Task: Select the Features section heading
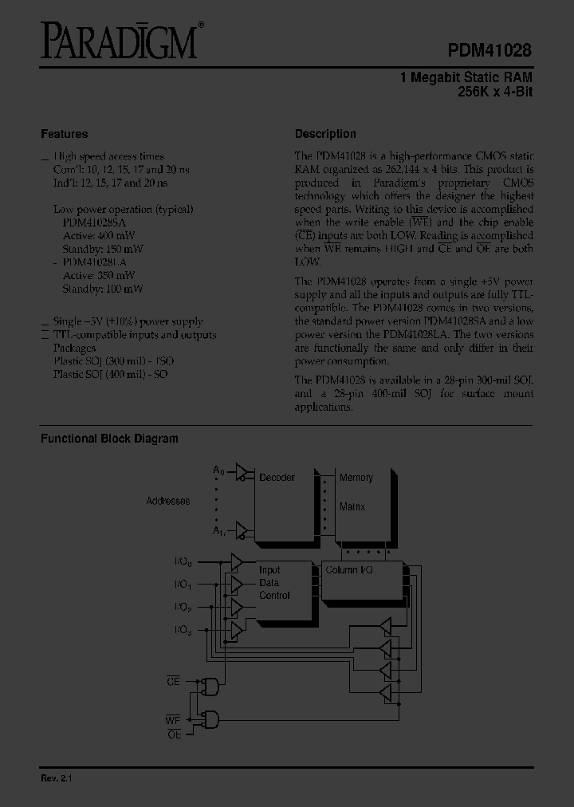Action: (64, 134)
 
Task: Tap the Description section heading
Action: (325, 134)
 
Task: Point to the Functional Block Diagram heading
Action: (109, 439)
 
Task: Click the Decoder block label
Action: (277, 478)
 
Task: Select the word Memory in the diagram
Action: (356, 478)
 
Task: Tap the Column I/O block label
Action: (348, 571)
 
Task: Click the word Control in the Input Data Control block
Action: (274, 596)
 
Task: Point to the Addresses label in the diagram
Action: (168, 501)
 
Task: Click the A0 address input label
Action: (218, 470)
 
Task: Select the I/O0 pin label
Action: (183, 562)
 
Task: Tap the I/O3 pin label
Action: (183, 631)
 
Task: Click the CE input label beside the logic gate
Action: (173, 681)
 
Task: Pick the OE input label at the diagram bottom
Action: (175, 734)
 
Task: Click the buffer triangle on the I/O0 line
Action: (236, 563)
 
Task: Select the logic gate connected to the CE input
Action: (211, 685)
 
